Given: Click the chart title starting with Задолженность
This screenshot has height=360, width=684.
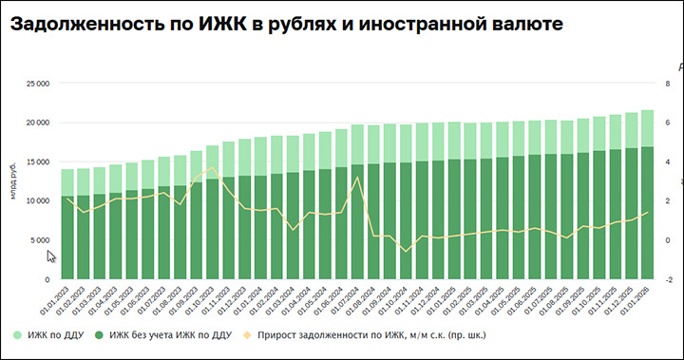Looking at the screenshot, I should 285,24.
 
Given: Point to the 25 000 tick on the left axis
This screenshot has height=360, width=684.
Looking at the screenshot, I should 36,84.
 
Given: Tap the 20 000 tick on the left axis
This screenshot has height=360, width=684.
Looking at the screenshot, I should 36,123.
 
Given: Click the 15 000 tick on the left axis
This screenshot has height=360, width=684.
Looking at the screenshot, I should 36,162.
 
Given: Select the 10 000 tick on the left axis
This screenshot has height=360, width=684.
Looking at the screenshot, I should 36,201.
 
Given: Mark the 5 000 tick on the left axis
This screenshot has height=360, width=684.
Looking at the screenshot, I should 39,240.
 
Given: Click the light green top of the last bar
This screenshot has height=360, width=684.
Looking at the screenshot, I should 646,128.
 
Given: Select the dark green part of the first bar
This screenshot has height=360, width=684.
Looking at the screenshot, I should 67,237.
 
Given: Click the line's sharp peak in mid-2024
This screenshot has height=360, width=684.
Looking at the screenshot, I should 357,178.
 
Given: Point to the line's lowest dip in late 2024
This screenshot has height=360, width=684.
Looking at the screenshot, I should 406,252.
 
